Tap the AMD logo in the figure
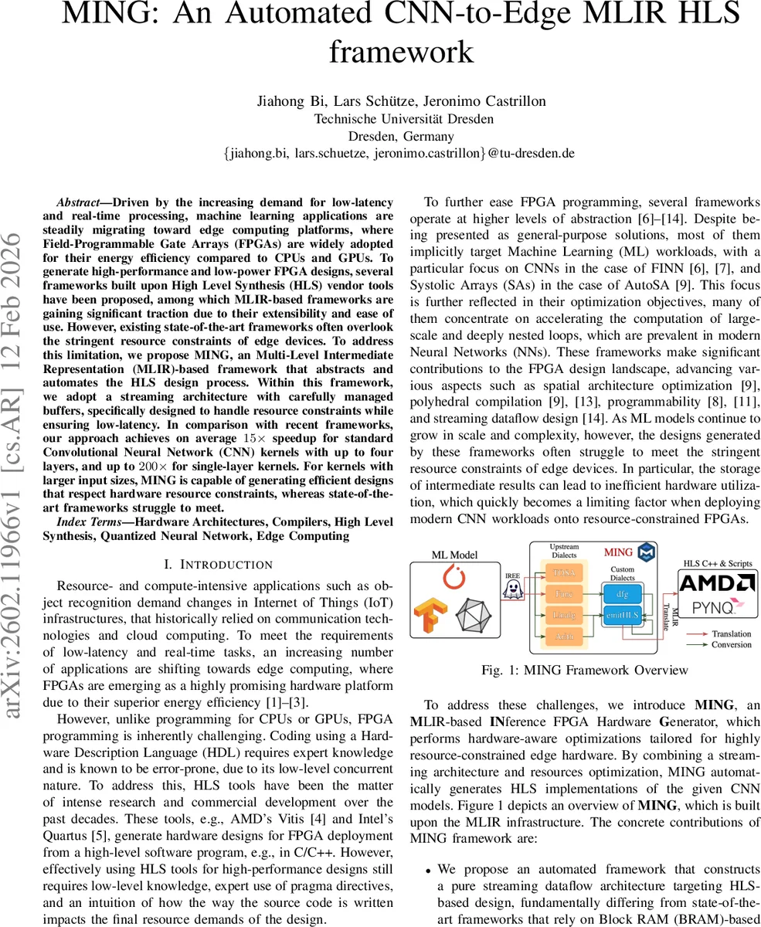click(x=718, y=582)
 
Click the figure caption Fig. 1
click(x=584, y=670)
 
